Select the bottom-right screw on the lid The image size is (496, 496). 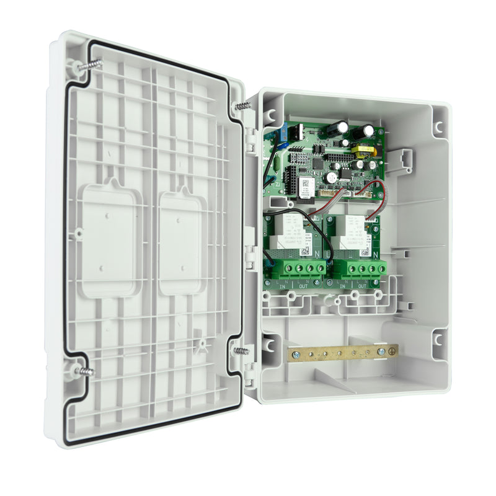241,351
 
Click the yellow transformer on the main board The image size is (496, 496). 360,149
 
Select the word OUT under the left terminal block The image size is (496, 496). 303,286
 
